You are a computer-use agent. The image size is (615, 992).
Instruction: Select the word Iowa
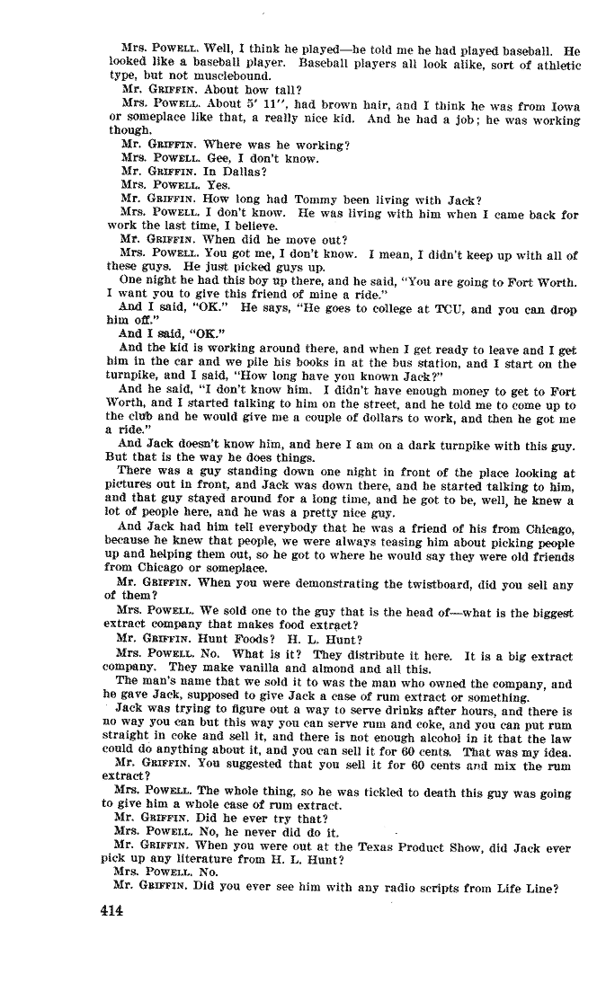click(563, 104)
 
